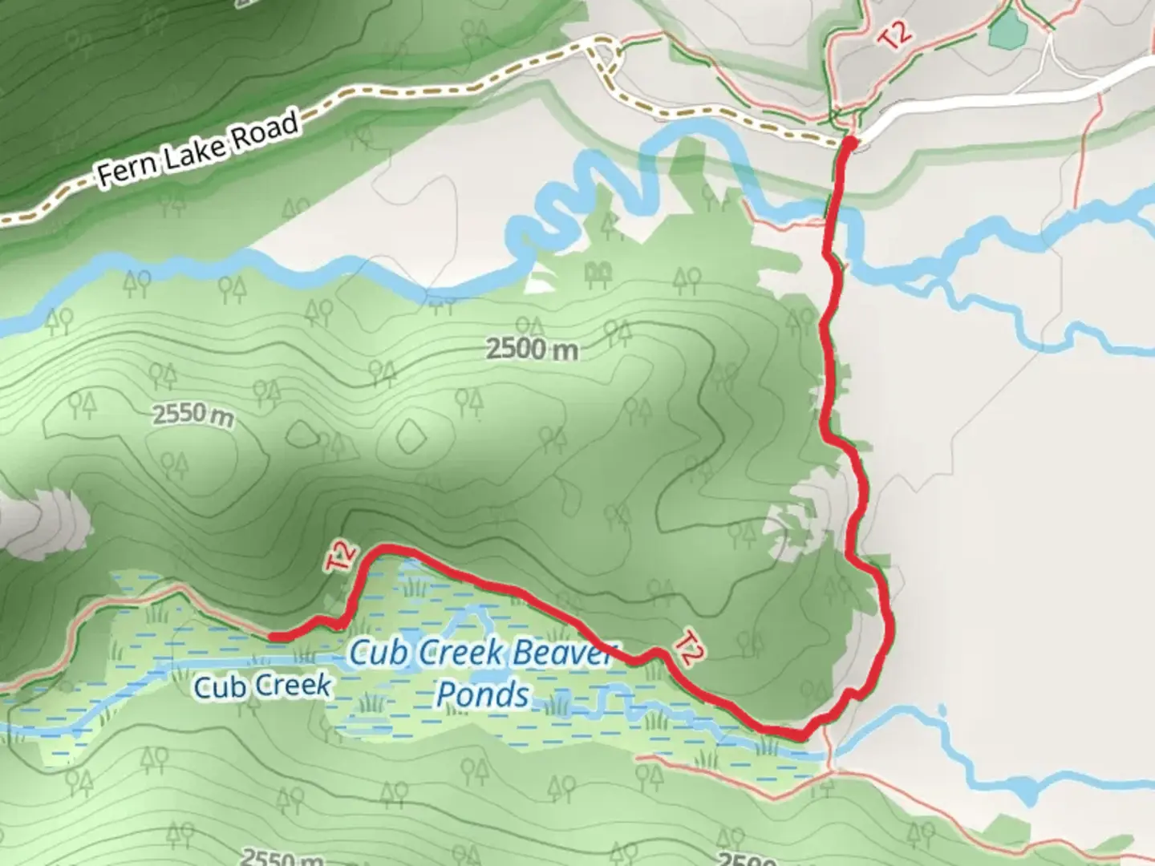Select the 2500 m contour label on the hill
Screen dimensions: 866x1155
tap(531, 350)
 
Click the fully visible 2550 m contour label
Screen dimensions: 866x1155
tap(193, 415)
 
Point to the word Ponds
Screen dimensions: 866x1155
tap(483, 694)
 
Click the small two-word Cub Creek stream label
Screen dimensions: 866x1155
tap(262, 686)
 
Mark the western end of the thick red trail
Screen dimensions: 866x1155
tap(271, 637)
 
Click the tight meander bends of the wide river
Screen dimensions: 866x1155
tap(594, 196)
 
